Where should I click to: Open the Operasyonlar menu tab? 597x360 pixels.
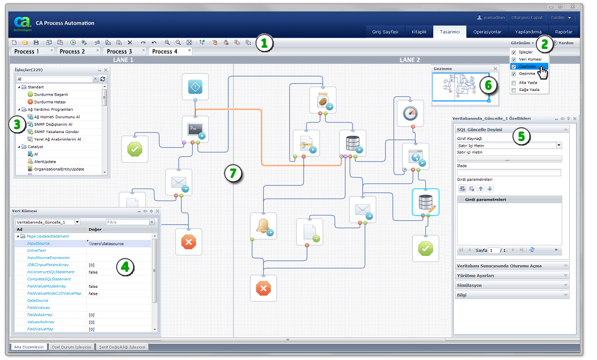click(x=487, y=32)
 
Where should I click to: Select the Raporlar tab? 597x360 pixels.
click(x=564, y=32)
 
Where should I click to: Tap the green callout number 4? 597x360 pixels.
click(x=126, y=267)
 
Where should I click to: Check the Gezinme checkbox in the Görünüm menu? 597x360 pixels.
click(x=514, y=74)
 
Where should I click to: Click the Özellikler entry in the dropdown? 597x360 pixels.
click(x=528, y=67)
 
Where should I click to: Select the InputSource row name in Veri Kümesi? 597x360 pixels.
click(x=39, y=243)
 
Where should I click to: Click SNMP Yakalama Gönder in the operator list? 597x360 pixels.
click(x=57, y=131)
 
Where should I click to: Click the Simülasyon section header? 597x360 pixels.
click(x=470, y=285)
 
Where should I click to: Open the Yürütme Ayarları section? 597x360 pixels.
click(x=475, y=276)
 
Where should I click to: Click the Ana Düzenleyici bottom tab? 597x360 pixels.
click(x=27, y=347)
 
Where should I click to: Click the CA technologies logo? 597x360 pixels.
click(x=22, y=24)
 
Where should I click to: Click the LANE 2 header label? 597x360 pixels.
click(x=410, y=60)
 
